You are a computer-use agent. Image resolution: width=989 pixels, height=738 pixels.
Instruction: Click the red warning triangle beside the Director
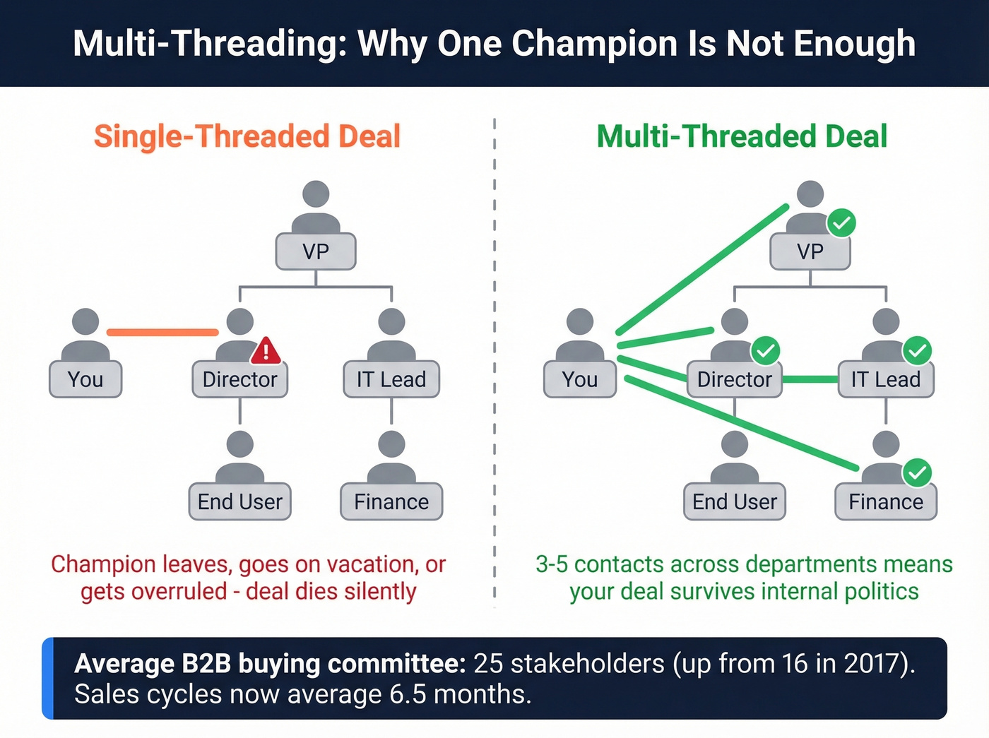[266, 350]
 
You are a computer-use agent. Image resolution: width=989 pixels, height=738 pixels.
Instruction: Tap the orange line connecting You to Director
[162, 332]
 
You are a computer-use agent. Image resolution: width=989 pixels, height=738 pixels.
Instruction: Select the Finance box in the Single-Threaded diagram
[391, 501]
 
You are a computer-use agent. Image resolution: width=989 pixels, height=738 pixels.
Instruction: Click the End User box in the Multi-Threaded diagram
[735, 501]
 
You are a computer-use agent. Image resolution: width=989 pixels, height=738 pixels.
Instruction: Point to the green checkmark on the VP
[841, 223]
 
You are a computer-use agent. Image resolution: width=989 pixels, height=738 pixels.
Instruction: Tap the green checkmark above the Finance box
[917, 472]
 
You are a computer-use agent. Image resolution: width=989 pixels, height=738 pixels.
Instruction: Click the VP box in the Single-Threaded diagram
[316, 251]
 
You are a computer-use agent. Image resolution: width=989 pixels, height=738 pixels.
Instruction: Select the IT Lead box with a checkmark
[886, 379]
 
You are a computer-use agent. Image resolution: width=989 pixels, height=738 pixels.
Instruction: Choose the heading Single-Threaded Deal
[247, 136]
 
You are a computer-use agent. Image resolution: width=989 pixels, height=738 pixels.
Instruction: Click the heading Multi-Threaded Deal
[742, 136]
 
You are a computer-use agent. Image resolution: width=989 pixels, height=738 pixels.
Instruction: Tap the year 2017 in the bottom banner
[875, 664]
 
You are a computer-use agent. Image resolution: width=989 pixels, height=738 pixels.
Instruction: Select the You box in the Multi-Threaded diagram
[580, 379]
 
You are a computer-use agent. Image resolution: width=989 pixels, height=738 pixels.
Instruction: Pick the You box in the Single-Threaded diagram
[85, 379]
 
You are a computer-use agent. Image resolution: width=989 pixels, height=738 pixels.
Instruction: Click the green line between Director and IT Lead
[810, 379]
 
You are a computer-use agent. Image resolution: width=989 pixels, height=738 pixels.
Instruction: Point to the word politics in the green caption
[882, 591]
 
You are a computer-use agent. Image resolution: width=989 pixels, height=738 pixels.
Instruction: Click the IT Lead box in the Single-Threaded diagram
[391, 379]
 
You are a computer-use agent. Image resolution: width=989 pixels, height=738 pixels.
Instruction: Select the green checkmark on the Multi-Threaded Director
[765, 350]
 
